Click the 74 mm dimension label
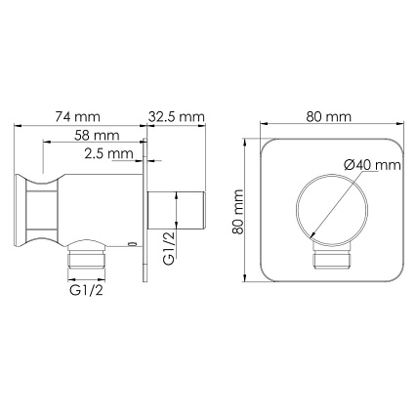(x=77, y=116)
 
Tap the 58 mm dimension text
(x=97, y=135)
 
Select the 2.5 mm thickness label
(x=108, y=153)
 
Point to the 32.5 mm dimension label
(x=177, y=116)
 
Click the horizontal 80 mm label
(x=329, y=116)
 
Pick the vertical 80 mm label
(x=238, y=212)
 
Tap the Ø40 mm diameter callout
(x=372, y=165)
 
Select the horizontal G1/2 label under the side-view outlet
(x=86, y=290)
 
